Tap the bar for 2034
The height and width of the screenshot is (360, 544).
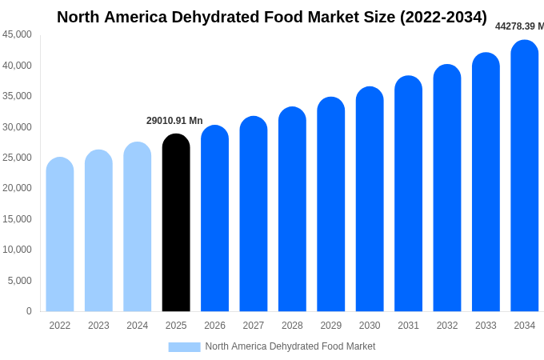pos(525,176)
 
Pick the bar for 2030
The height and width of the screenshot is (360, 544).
pos(370,199)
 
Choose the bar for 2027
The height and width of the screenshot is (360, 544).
pos(254,214)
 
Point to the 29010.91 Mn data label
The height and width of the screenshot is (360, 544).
pos(174,121)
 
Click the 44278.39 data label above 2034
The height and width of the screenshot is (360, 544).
pos(519,26)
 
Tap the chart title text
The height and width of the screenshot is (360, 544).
pos(272,17)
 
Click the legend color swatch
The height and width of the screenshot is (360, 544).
pos(184,346)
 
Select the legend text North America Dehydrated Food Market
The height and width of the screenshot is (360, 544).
pos(290,346)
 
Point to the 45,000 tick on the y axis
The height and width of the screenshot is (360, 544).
pos(17,34)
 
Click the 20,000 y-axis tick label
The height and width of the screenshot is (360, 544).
pos(17,188)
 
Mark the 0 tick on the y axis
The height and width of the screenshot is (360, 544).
pos(29,311)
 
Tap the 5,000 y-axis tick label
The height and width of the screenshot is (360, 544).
pos(20,281)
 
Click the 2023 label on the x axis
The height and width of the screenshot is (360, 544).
pos(98,326)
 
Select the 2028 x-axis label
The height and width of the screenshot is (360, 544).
pos(292,326)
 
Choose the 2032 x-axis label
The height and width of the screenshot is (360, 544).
pos(447,326)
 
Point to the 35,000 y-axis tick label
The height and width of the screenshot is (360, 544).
pos(17,96)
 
